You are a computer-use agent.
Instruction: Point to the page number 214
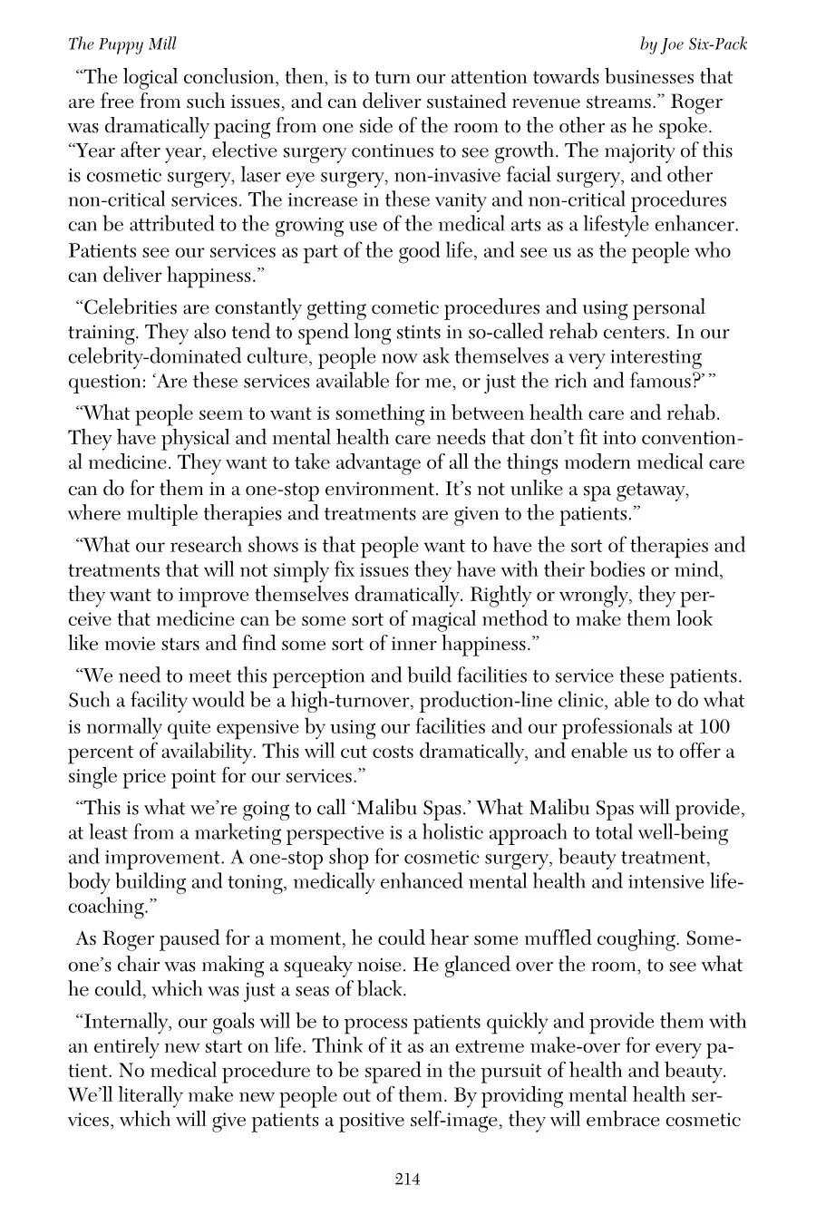pos(407,1179)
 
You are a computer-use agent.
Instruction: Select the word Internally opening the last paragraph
pos(124,1022)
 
